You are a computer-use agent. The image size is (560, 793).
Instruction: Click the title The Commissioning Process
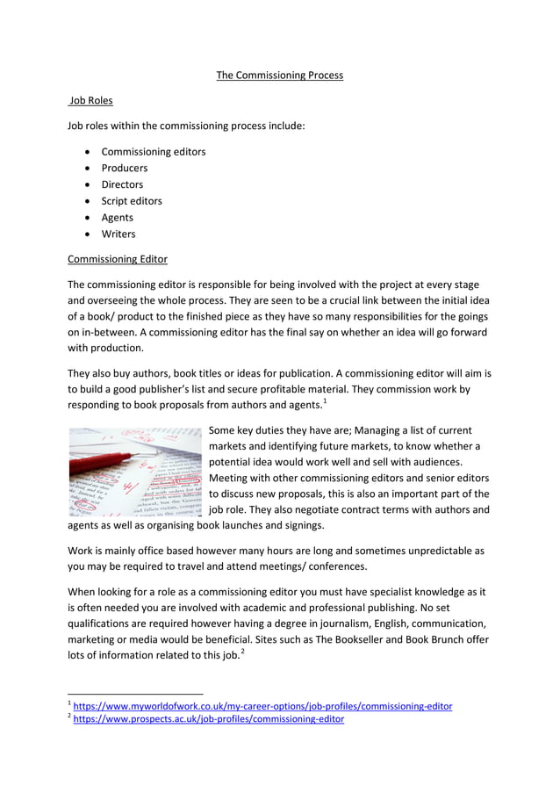[x=279, y=75]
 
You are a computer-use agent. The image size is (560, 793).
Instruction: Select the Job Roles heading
[x=91, y=101]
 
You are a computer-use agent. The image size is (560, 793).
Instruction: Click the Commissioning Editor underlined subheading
[x=118, y=259]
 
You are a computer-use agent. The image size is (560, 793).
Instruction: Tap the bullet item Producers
[x=124, y=168]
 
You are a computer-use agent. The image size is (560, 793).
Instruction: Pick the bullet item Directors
[x=122, y=184]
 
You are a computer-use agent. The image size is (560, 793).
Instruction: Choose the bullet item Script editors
[x=132, y=200]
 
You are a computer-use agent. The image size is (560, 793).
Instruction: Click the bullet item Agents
[x=118, y=217]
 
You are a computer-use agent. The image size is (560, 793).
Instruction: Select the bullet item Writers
[x=118, y=234]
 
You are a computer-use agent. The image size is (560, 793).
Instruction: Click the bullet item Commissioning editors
[x=154, y=151]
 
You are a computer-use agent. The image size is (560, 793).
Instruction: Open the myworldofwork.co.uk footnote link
[x=262, y=706]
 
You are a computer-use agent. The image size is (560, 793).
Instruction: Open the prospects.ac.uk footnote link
[x=209, y=719]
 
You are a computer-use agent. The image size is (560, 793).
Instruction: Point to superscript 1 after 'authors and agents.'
[x=325, y=401]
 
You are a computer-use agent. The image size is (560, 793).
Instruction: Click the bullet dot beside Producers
[x=89, y=169]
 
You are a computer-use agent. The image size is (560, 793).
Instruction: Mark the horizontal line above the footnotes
[x=135, y=693]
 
